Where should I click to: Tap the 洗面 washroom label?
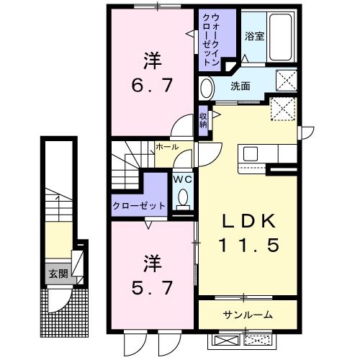(240, 86)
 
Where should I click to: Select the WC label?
(181, 180)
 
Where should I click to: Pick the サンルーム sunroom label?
(247, 315)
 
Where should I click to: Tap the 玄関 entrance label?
(58, 274)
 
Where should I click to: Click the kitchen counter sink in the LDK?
(252, 153)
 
